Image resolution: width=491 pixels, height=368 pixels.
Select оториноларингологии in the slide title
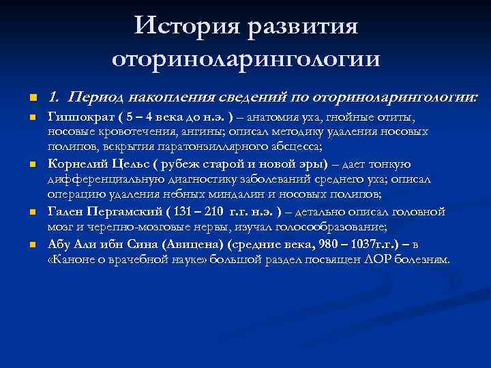click(245, 59)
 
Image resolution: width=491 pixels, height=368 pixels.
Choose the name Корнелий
click(74, 164)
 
